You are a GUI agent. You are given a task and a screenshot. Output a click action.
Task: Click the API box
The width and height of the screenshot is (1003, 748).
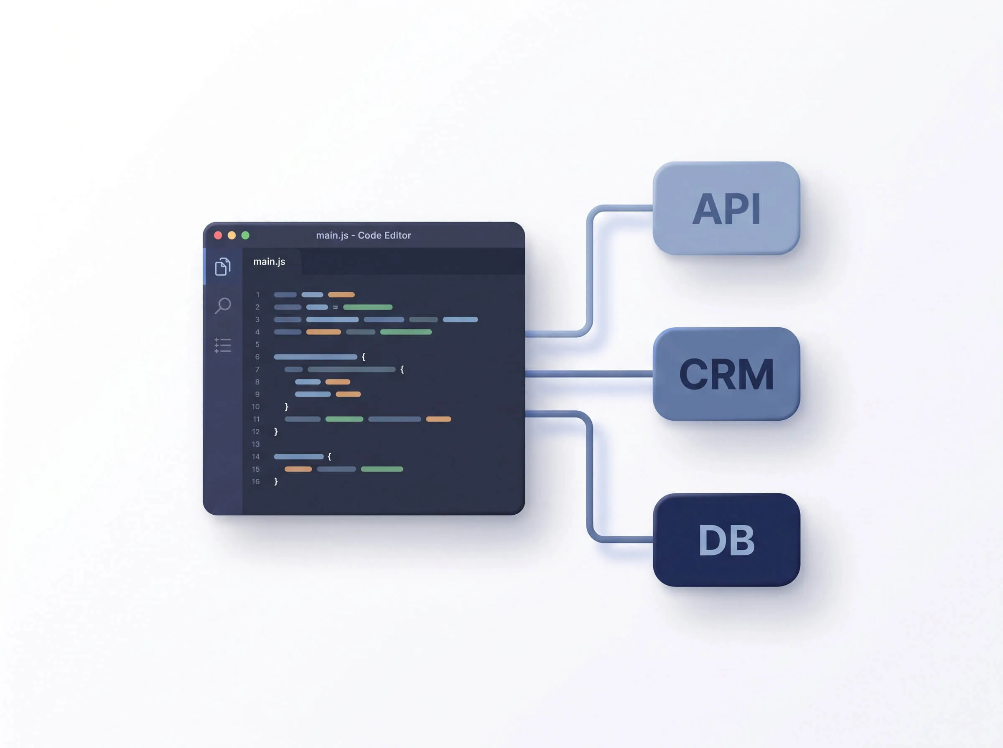(x=726, y=208)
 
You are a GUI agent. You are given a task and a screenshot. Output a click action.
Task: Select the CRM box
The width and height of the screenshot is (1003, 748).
(x=726, y=374)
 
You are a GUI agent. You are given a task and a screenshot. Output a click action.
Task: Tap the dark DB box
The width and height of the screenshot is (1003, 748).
(x=726, y=540)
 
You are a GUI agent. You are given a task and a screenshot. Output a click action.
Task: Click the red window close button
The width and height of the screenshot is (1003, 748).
(x=218, y=235)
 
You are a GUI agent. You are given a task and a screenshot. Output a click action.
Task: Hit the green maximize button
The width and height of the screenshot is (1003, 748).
(x=245, y=235)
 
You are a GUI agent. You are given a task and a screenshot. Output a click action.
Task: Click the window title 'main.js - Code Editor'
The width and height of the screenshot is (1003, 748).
(x=364, y=235)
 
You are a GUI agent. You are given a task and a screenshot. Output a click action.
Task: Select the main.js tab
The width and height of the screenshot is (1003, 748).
(x=269, y=262)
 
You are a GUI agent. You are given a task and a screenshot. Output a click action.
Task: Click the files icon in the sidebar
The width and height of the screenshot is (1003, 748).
(x=222, y=267)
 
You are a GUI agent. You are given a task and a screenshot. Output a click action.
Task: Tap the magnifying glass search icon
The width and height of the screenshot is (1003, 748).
(x=222, y=306)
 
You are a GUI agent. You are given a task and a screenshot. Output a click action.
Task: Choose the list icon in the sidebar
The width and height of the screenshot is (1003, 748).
(x=222, y=346)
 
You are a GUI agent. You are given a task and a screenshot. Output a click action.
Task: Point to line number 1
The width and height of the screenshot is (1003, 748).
(x=257, y=295)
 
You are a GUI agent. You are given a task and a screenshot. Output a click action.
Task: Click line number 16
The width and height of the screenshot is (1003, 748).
(x=256, y=482)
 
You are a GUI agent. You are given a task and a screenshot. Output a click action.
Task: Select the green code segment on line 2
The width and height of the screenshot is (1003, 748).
(x=368, y=307)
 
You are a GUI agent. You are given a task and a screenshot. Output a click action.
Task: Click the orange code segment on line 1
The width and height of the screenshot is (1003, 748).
(x=341, y=295)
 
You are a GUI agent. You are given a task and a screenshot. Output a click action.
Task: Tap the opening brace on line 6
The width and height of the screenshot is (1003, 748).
(x=363, y=357)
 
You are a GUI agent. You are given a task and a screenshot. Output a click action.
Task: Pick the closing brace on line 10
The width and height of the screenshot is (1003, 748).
(x=286, y=407)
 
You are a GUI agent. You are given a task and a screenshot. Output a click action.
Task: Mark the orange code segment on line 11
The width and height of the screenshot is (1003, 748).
(x=438, y=419)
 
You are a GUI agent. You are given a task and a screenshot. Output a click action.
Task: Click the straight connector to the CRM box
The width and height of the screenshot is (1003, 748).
(x=589, y=374)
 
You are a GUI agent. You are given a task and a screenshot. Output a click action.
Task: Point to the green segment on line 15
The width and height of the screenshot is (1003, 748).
(x=382, y=469)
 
